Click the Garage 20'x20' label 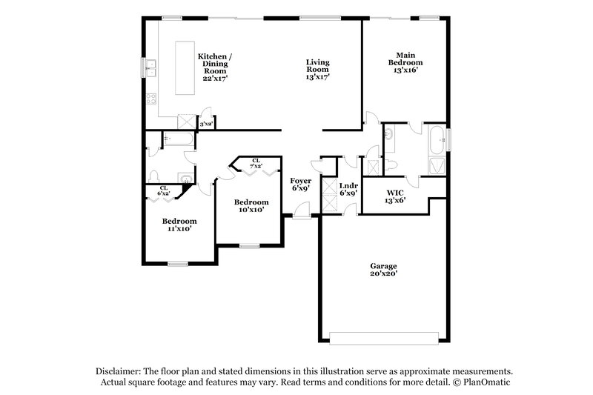pos(384,270)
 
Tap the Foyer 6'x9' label pos(300,185)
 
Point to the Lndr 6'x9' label pos(348,189)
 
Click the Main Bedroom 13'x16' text pos(405,63)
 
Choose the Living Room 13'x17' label pos(318,69)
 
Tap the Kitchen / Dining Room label pos(215,66)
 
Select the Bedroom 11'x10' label pos(179,225)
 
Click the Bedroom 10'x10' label pos(251,206)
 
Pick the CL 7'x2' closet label pos(256,163)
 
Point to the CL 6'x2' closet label pos(163,190)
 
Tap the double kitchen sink pos(150,68)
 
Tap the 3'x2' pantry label pos(205,125)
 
